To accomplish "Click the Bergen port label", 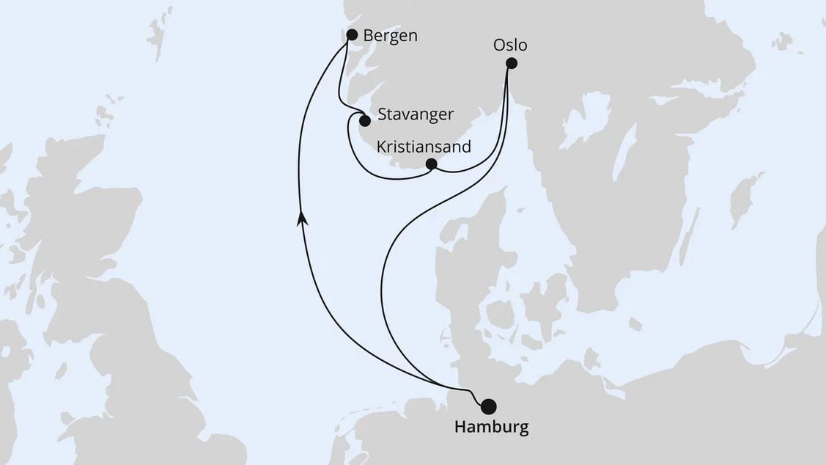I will tap(391, 35).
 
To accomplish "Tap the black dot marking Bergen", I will tap(352, 34).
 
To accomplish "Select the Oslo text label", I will tap(510, 45).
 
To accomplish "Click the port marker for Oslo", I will tap(512, 64).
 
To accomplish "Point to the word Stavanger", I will tap(416, 114).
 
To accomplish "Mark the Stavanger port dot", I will tap(364, 120).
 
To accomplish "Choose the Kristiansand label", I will tap(423, 146).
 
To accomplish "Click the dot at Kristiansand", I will tap(432, 164).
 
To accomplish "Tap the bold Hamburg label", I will tap(491, 428).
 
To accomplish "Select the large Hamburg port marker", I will tap(488, 406).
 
